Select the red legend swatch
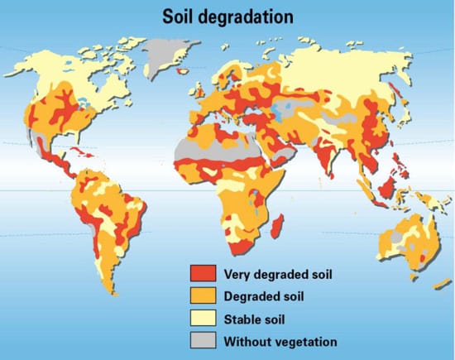pos(202,274)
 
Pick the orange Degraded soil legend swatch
pos(202,296)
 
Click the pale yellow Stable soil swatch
pos(202,318)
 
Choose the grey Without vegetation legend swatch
pos(202,340)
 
